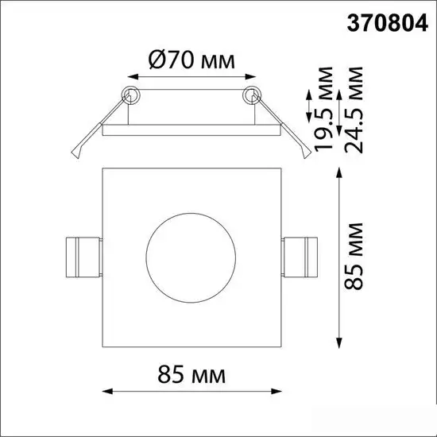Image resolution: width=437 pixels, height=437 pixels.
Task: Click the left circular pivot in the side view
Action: point(130,95)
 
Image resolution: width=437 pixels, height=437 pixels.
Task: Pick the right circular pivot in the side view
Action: point(251,95)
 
